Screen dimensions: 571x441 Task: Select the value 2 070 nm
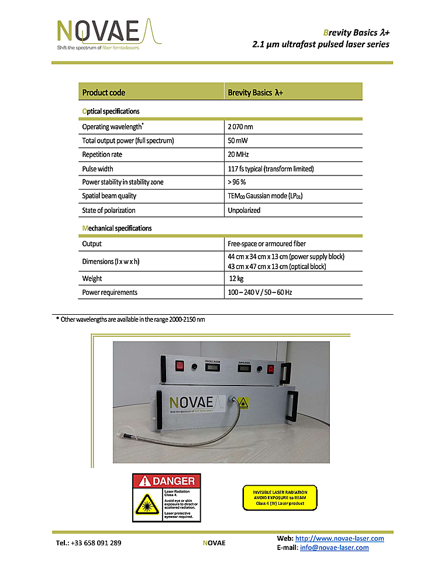click(240, 126)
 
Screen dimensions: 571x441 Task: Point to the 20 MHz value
click(239, 154)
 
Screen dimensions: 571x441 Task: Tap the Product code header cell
click(104, 92)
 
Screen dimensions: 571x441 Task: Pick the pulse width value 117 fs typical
click(270, 168)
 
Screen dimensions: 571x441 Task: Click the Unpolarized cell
click(244, 210)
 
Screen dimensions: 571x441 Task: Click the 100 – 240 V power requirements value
click(260, 292)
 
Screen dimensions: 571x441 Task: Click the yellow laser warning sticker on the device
click(243, 402)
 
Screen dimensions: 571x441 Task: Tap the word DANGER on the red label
click(173, 481)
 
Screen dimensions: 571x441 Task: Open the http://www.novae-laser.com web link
click(340, 538)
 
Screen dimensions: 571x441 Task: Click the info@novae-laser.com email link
click(334, 548)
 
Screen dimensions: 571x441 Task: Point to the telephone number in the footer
click(88, 543)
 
